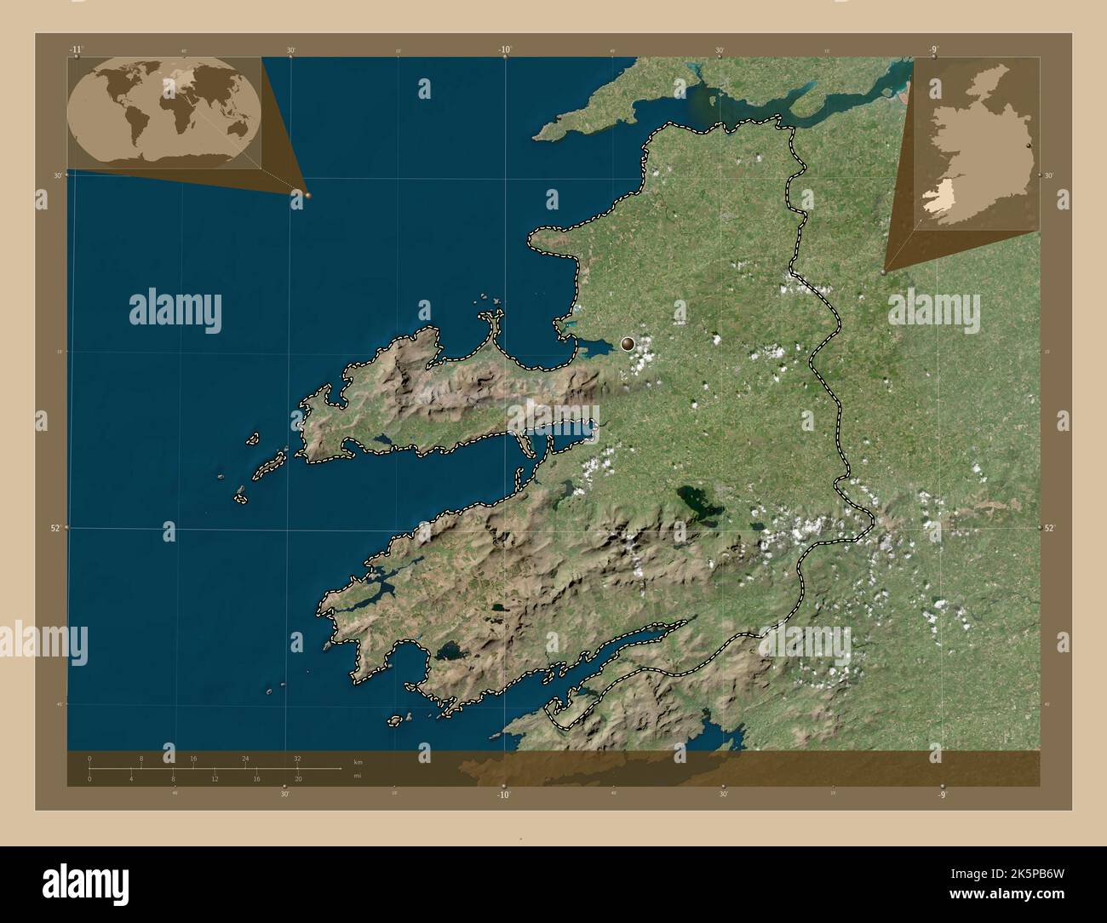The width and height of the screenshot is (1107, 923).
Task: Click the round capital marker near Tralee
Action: pos(628,344)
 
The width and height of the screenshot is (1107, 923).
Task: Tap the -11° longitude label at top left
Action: pos(77,50)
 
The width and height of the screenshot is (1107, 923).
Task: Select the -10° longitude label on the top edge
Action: pos(505,50)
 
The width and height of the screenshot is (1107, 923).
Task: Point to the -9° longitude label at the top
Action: pos(934,50)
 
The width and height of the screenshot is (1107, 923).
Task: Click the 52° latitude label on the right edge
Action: pos(1049,528)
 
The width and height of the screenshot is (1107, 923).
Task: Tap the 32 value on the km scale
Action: pos(296,758)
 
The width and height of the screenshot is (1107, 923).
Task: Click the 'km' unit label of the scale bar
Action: pos(358,762)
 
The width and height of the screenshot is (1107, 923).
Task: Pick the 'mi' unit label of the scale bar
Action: pos(358,776)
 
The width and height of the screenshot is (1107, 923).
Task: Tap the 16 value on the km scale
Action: pos(193,758)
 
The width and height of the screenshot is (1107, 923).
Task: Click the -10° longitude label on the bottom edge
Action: pos(504,794)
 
